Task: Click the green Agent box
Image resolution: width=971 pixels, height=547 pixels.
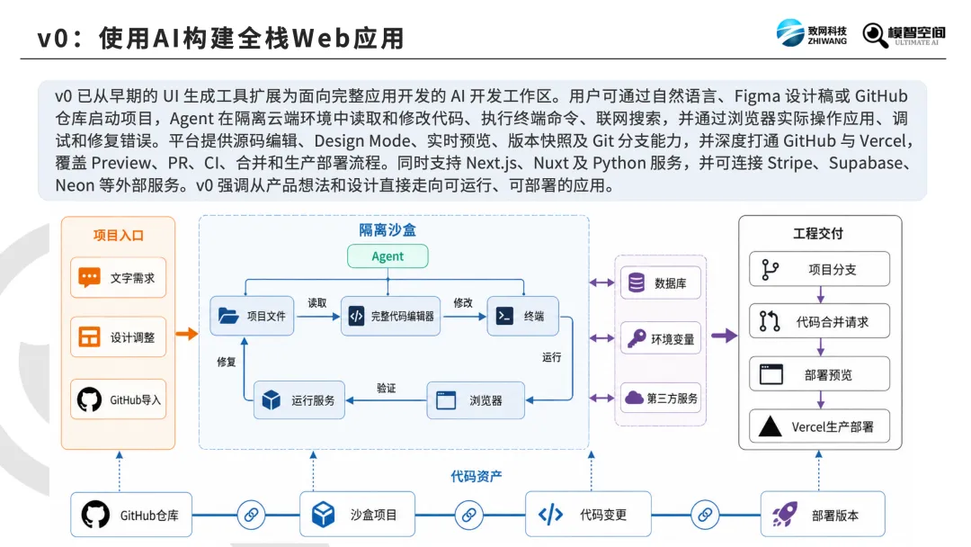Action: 388,256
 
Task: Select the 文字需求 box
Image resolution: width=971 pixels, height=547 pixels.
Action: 119,277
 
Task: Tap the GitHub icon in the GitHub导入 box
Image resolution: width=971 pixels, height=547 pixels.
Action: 89,399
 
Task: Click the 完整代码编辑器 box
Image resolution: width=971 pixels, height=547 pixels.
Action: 391,316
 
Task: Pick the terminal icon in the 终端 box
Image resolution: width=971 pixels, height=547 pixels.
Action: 504,316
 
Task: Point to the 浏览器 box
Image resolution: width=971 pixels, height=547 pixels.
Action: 476,400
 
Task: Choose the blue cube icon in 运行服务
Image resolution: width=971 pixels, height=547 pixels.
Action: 272,400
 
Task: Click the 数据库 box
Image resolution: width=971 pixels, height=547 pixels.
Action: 661,283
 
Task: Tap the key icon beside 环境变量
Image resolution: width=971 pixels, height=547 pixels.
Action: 636,339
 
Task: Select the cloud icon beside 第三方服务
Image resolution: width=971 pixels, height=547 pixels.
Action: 634,398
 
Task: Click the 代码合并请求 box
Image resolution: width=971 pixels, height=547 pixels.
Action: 819,321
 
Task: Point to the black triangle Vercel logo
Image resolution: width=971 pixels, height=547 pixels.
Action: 770,426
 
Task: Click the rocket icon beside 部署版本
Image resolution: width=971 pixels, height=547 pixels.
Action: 785,515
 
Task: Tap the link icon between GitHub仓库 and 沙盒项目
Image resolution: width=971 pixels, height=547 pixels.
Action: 251,515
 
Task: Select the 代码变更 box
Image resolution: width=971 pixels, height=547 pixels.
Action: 588,515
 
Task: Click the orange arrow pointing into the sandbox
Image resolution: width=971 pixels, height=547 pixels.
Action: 186,334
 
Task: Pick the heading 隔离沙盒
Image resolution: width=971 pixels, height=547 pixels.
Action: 388,230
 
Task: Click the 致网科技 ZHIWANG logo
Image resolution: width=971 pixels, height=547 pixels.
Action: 811,32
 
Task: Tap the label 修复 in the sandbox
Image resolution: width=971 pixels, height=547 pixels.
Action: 226,362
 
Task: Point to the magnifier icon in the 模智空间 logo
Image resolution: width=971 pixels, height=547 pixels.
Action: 875,35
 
